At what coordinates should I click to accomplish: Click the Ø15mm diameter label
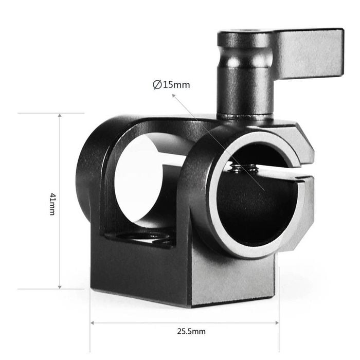pos(171,85)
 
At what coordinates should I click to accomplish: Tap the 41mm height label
pos(52,204)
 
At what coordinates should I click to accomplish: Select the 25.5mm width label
pos(191,331)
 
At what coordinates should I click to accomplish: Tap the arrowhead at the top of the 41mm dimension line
pos(60,115)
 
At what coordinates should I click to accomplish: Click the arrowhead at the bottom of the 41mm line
pos(60,287)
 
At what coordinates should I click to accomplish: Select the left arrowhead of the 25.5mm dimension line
pos(92,323)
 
